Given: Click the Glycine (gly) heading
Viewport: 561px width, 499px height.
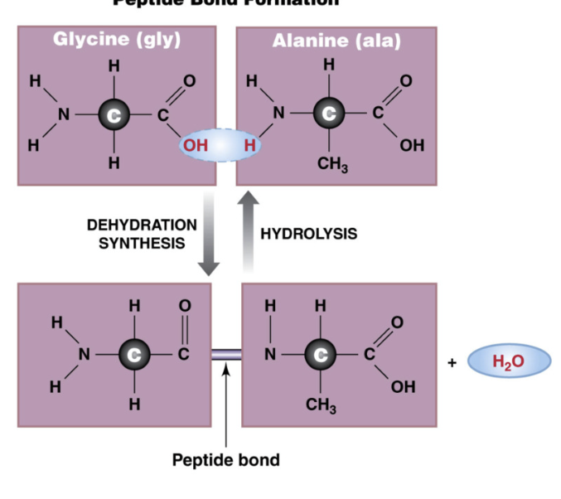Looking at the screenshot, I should [x=116, y=40].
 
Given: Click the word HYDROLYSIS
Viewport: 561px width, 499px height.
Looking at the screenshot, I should [x=308, y=234].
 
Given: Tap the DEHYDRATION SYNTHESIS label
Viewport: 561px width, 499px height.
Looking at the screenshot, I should [x=142, y=234].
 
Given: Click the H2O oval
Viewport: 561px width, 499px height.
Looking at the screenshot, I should [x=508, y=362].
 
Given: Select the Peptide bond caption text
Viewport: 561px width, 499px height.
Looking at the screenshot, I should [x=225, y=459].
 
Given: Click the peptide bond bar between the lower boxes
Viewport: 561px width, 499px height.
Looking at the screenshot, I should [x=225, y=355].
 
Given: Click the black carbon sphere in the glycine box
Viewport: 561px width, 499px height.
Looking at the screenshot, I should [x=114, y=114].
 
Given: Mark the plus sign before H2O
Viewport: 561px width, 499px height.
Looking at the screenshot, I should [x=452, y=362].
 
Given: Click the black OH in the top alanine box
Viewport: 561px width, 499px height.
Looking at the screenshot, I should [x=410, y=146].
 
